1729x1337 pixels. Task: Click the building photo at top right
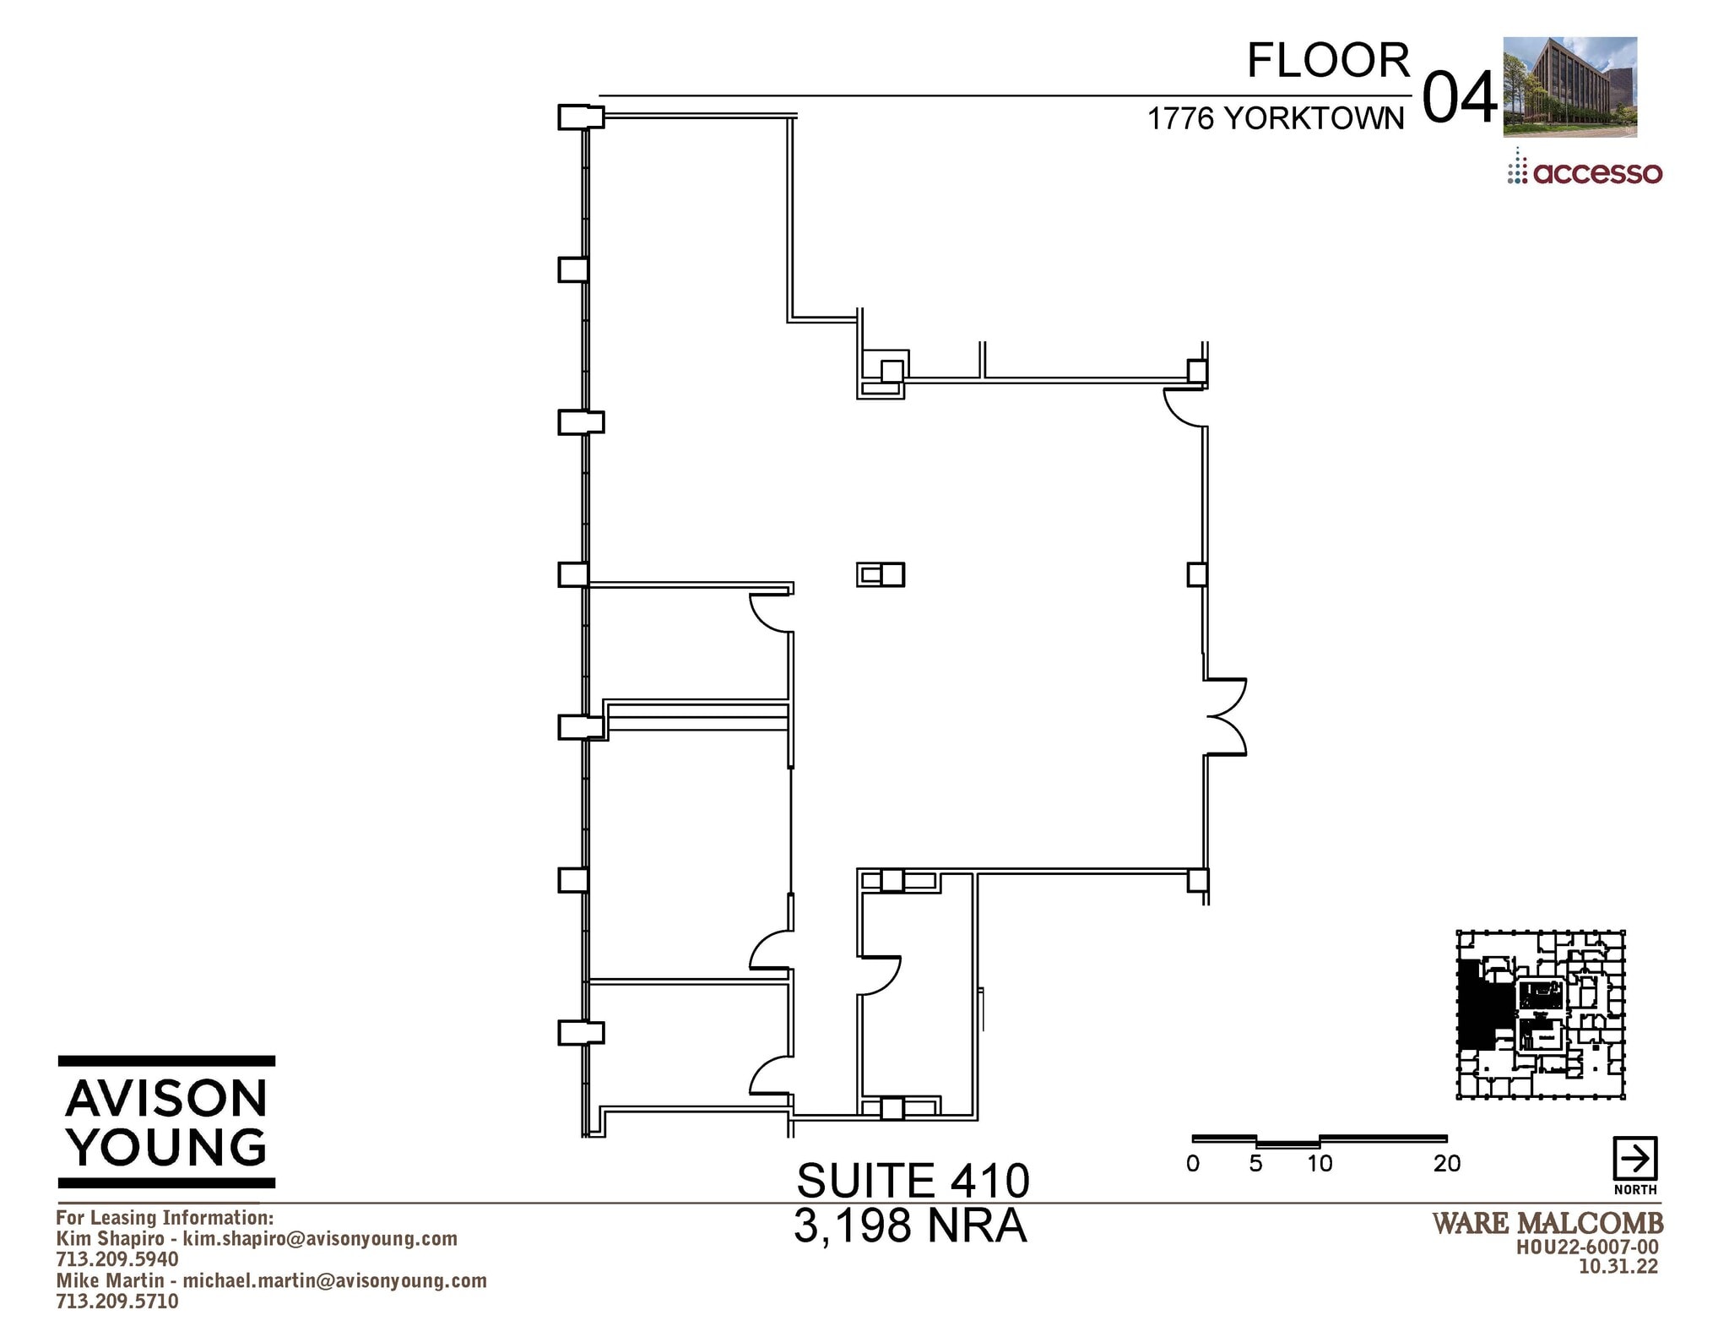pos(1569,86)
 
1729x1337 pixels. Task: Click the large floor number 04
pos(1459,99)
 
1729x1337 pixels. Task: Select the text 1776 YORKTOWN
pos(1275,119)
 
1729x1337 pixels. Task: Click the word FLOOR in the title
pos(1328,61)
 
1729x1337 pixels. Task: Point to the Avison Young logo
pos(166,1121)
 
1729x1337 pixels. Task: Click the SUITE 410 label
pos(913,1180)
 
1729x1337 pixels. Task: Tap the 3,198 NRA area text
pos(910,1226)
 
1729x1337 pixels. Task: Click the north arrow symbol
pos(1634,1159)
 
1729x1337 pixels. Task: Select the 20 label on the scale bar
pos(1446,1164)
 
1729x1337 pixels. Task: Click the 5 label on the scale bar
pos(1255,1164)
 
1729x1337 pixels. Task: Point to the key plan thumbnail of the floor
pos(1541,1014)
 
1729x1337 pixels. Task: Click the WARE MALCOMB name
pos(1547,1223)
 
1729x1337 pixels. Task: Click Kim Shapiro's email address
pos(320,1238)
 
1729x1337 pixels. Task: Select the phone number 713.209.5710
pos(117,1302)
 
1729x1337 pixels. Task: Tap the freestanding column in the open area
pos(881,574)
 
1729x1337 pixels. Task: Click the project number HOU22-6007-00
pos(1587,1247)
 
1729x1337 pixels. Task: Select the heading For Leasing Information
pos(165,1217)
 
